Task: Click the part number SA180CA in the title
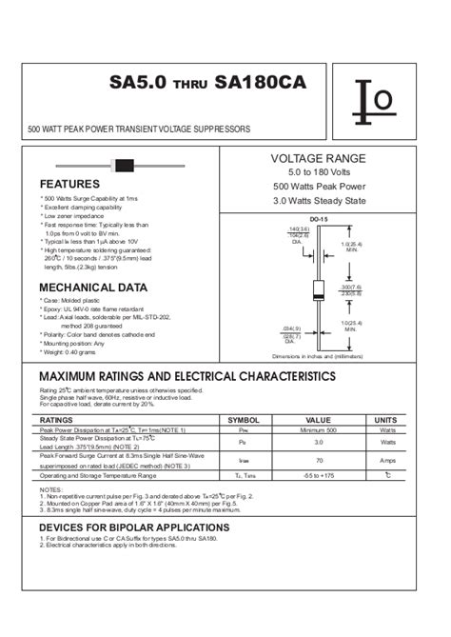tap(261, 83)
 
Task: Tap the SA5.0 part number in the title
tap(138, 83)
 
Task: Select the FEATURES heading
tap(69, 184)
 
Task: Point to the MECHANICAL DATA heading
tap(93, 287)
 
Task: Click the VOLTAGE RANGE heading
tap(318, 157)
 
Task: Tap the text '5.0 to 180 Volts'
tap(318, 172)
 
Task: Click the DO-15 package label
tap(319, 219)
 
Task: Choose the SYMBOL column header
tap(245, 419)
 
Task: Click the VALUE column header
tap(318, 419)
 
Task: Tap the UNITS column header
tap(386, 419)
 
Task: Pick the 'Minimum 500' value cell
tap(318, 430)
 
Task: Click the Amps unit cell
tap(386, 461)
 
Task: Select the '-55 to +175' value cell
tap(318, 474)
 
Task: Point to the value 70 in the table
tap(318, 461)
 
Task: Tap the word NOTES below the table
tap(51, 489)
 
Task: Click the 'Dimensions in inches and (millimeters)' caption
tap(318, 355)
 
